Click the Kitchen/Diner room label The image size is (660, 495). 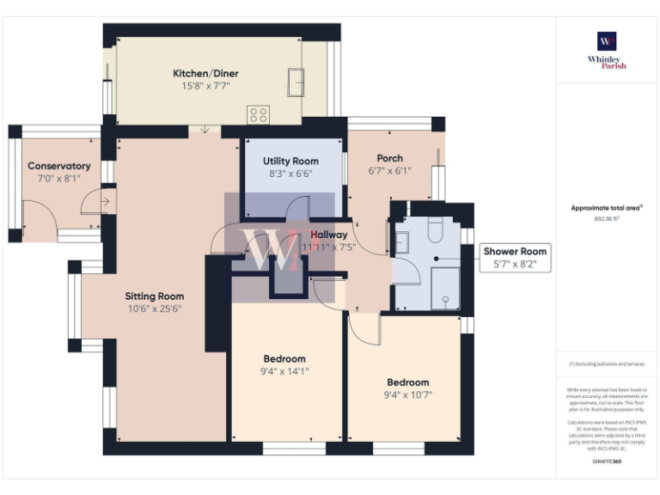[x=205, y=74]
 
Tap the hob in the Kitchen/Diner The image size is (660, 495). [x=257, y=113]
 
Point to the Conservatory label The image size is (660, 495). [x=58, y=166]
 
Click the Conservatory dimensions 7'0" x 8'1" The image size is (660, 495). [x=58, y=178]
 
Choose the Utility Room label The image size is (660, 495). [x=290, y=161]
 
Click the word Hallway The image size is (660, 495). [x=329, y=235]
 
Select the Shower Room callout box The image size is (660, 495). [x=515, y=258]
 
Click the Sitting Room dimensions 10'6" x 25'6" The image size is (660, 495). [x=155, y=309]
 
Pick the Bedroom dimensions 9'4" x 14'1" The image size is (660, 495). [x=284, y=371]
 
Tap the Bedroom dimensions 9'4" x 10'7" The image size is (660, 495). [x=407, y=394]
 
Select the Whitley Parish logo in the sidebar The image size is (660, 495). [x=607, y=50]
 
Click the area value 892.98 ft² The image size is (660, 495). [x=607, y=219]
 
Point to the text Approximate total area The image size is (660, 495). [x=607, y=207]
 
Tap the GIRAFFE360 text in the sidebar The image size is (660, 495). [x=607, y=461]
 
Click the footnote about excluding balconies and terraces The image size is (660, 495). [x=607, y=364]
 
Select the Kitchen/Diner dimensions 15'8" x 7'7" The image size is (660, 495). [x=205, y=86]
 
